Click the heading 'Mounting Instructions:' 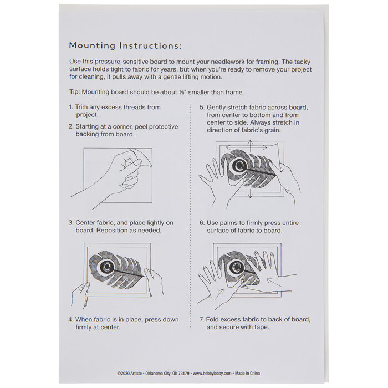(125, 45)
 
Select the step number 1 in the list (70, 107)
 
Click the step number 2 (70, 127)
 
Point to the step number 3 (70, 223)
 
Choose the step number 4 (70, 319)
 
